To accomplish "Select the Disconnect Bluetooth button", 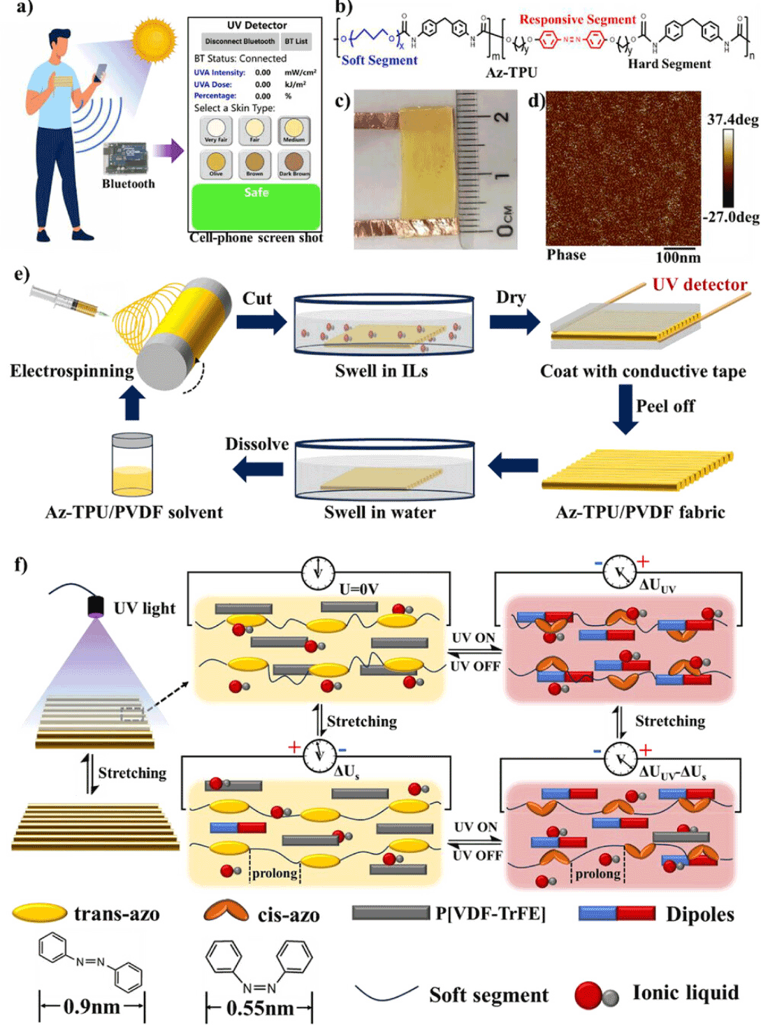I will coord(240,41).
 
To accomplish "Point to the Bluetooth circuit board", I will coord(126,159).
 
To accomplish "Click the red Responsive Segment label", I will coord(577,20).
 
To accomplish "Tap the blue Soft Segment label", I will coord(379,60).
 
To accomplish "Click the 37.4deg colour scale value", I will coord(732,119).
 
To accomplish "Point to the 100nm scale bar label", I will coord(678,257).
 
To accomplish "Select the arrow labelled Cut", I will coord(261,321).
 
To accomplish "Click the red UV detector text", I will coord(700,284).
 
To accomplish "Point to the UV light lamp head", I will coord(96,605).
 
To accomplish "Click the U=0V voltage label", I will coord(358,589).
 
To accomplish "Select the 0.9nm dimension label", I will coord(92,1007).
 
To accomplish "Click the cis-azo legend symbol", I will coord(226,912).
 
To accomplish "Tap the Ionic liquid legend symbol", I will coord(596,995).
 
